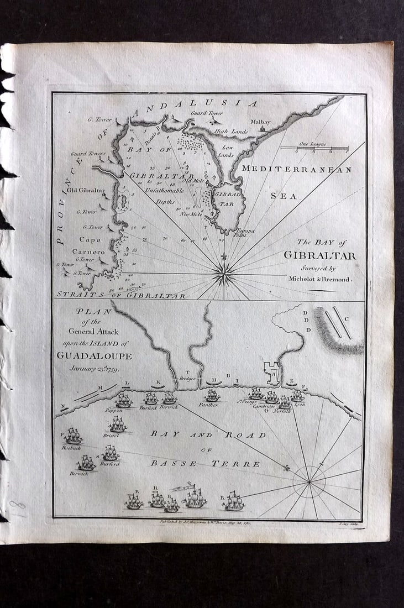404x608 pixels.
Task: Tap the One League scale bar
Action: pos(314,148)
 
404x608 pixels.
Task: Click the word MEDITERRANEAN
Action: pos(296,170)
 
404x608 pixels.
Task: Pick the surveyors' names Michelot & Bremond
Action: pos(319,279)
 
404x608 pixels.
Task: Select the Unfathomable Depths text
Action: pos(164,194)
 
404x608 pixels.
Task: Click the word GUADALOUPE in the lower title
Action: pos(94,356)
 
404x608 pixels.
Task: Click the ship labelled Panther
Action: pos(212,395)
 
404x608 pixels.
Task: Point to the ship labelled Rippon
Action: pos(123,400)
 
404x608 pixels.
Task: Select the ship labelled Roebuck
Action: pos(73,437)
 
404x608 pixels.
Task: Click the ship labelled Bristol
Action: pos(117,424)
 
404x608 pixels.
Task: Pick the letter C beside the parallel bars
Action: pos(347,319)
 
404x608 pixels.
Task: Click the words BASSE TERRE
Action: pos(205,464)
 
